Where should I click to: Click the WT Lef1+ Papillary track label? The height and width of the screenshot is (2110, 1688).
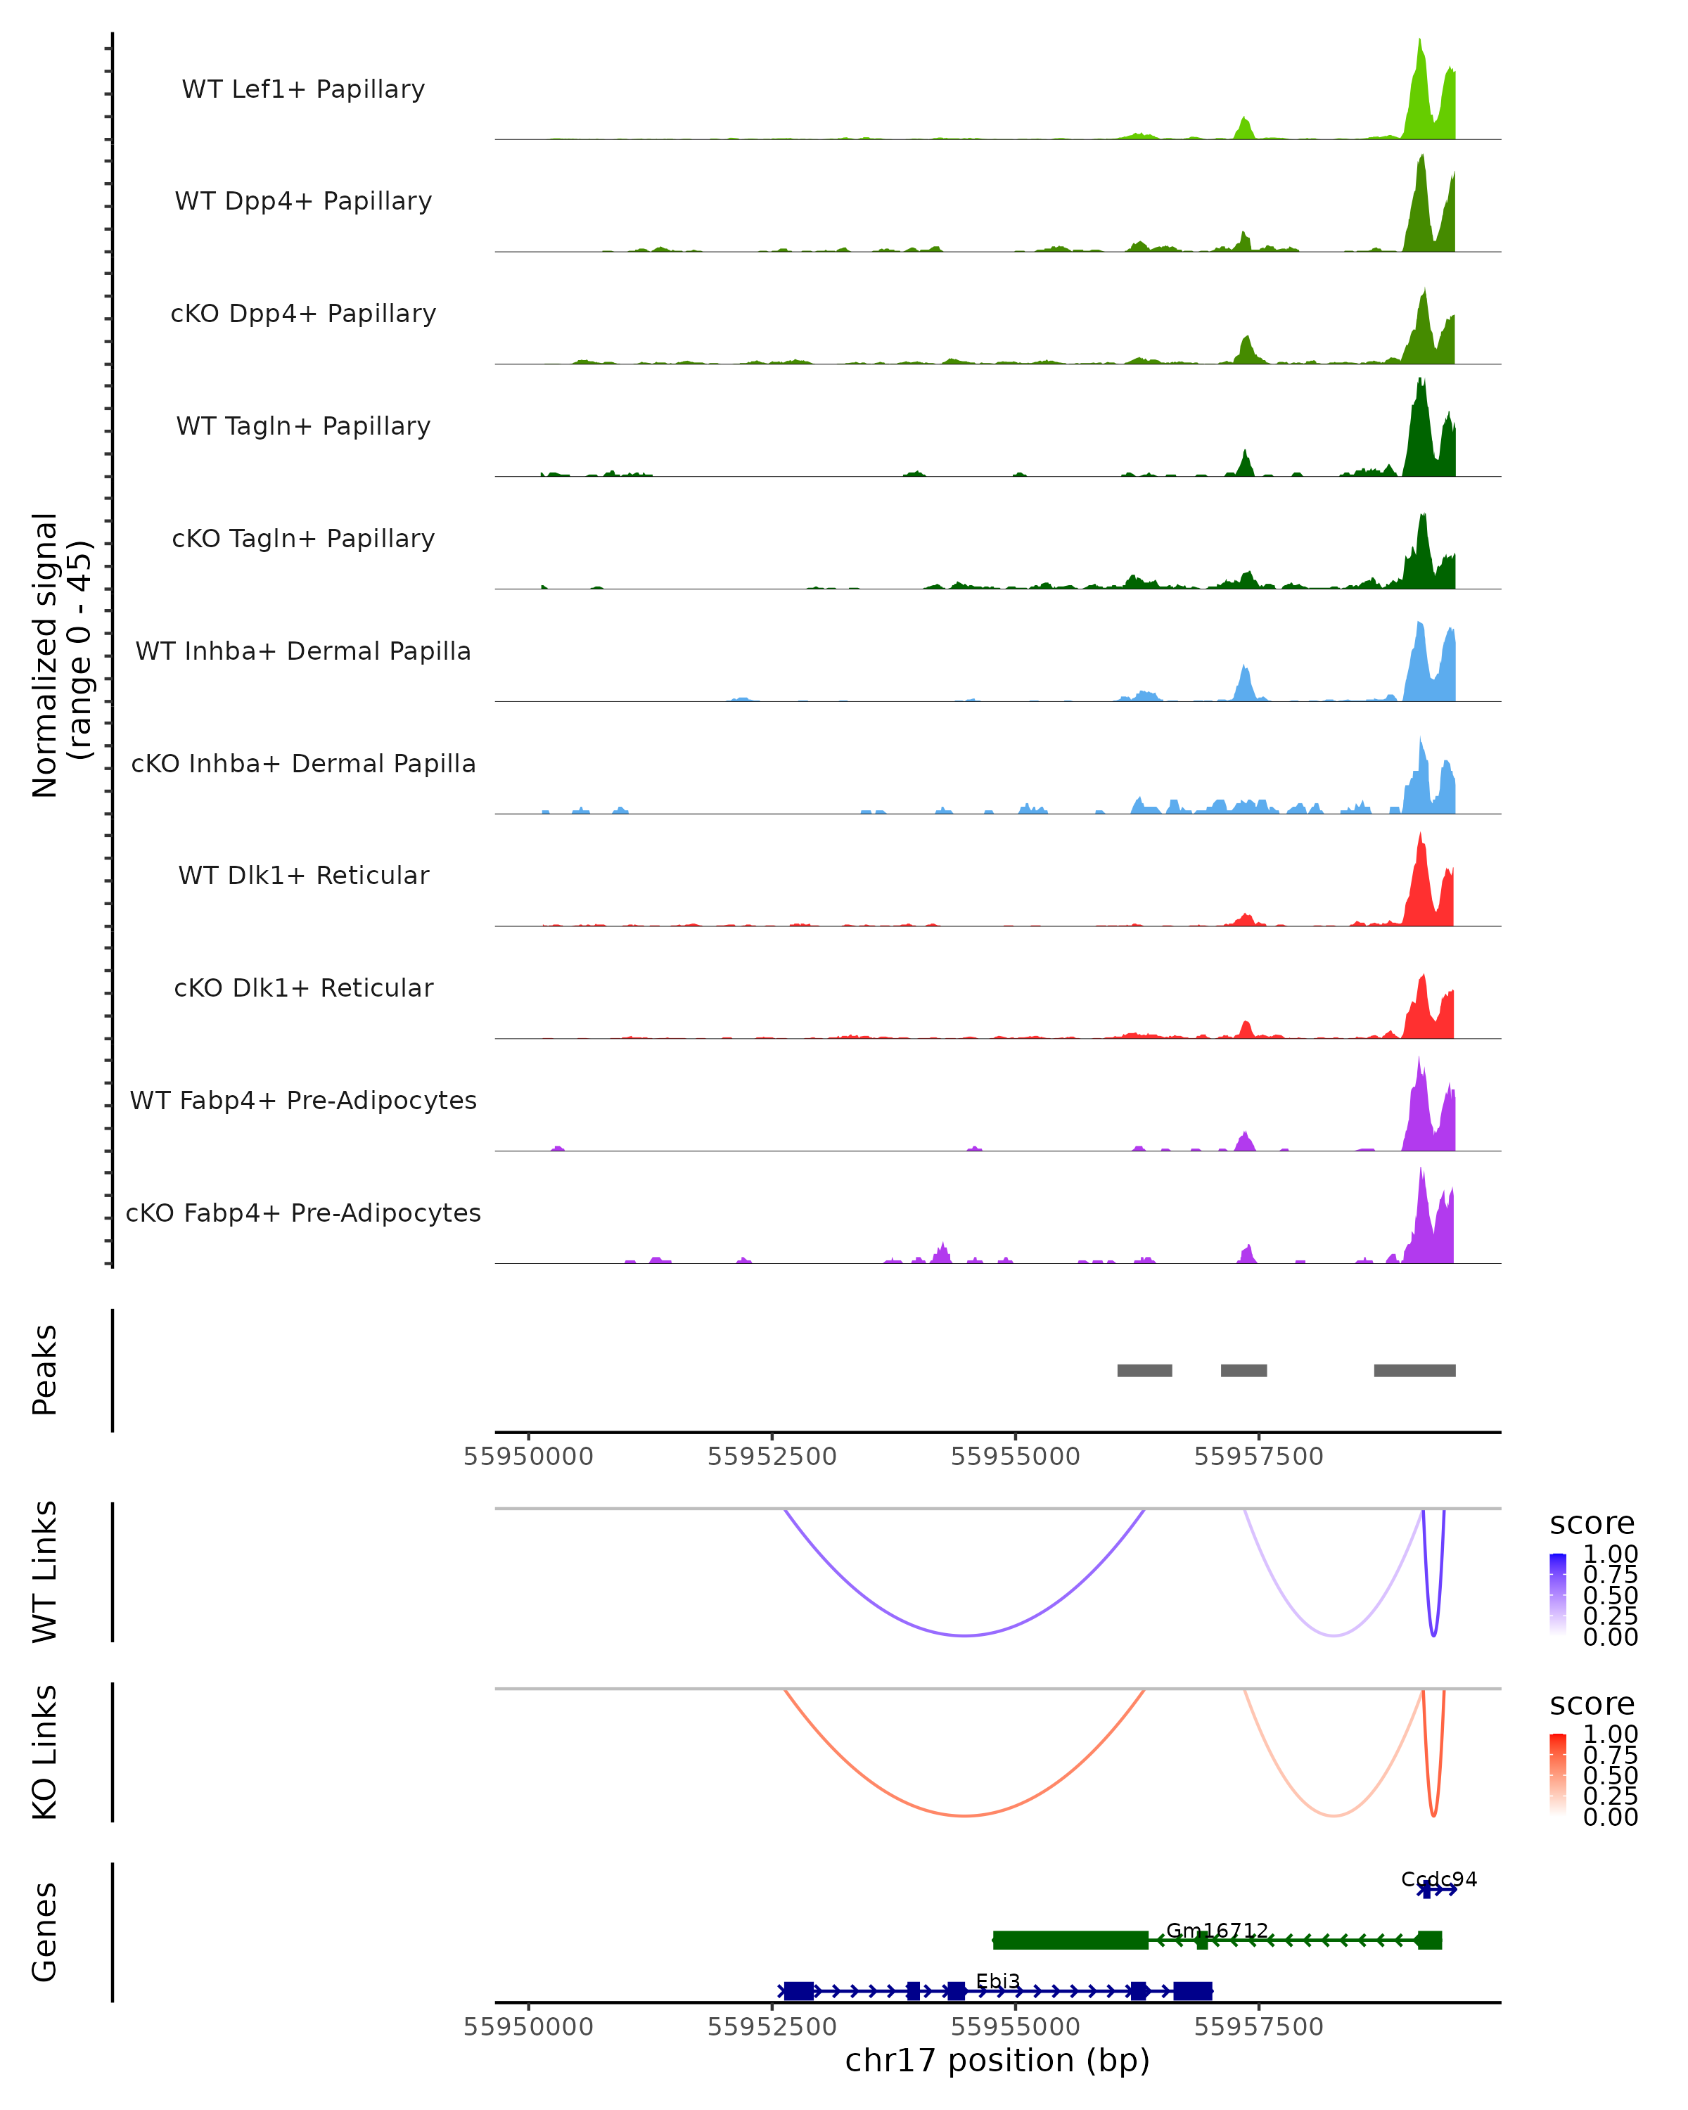point(303,89)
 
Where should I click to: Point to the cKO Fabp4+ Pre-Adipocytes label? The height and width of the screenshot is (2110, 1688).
point(303,1213)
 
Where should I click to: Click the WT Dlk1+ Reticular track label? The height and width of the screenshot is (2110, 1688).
point(303,875)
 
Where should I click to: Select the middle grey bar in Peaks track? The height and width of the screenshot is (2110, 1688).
point(1243,1370)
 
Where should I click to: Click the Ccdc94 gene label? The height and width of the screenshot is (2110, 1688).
point(1438,1879)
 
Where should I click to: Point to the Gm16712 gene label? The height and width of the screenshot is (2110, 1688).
point(1216,1931)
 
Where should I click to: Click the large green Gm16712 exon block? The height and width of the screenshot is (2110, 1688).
point(1070,1940)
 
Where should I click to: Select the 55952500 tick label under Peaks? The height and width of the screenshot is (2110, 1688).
point(772,1457)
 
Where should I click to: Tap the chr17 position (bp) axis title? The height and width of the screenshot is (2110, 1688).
point(997,2060)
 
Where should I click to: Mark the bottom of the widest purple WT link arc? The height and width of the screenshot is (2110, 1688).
point(965,1635)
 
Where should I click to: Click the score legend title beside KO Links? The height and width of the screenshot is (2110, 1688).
point(1592,1704)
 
